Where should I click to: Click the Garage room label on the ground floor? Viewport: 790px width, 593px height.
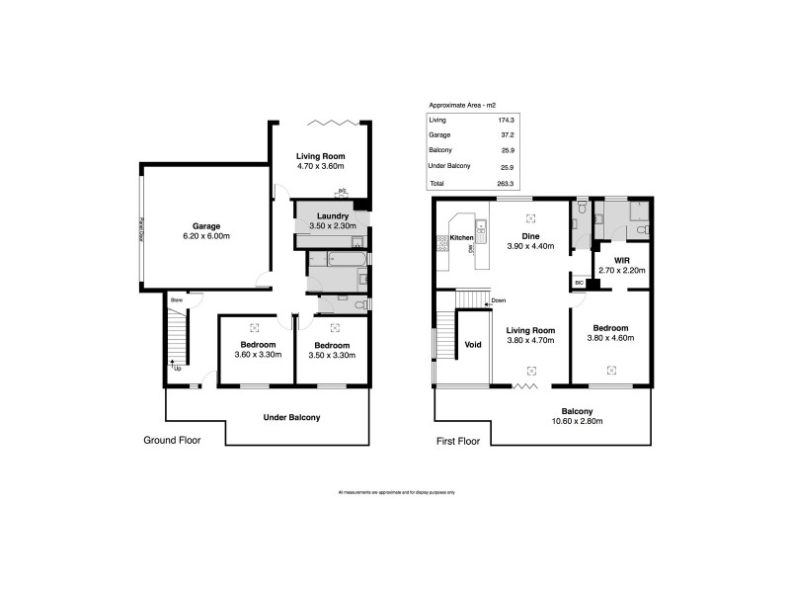point(206,225)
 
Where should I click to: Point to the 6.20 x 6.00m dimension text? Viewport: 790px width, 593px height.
point(206,237)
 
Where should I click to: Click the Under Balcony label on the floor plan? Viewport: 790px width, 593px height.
point(291,418)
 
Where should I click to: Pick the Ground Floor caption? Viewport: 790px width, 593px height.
point(172,441)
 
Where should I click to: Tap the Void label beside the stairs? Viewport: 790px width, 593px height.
point(472,345)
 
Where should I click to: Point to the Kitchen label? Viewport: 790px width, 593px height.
point(462,238)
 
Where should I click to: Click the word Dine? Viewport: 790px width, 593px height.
point(530,236)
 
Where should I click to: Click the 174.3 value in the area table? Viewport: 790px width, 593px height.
point(507,119)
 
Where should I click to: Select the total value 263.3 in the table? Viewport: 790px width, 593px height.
point(507,184)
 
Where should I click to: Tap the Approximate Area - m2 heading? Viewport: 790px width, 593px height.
point(461,104)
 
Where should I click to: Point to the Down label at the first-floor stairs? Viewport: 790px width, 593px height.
point(499,300)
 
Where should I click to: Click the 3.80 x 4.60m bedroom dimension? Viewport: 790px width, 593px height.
point(612,339)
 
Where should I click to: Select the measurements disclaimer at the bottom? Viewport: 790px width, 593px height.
point(396,491)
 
